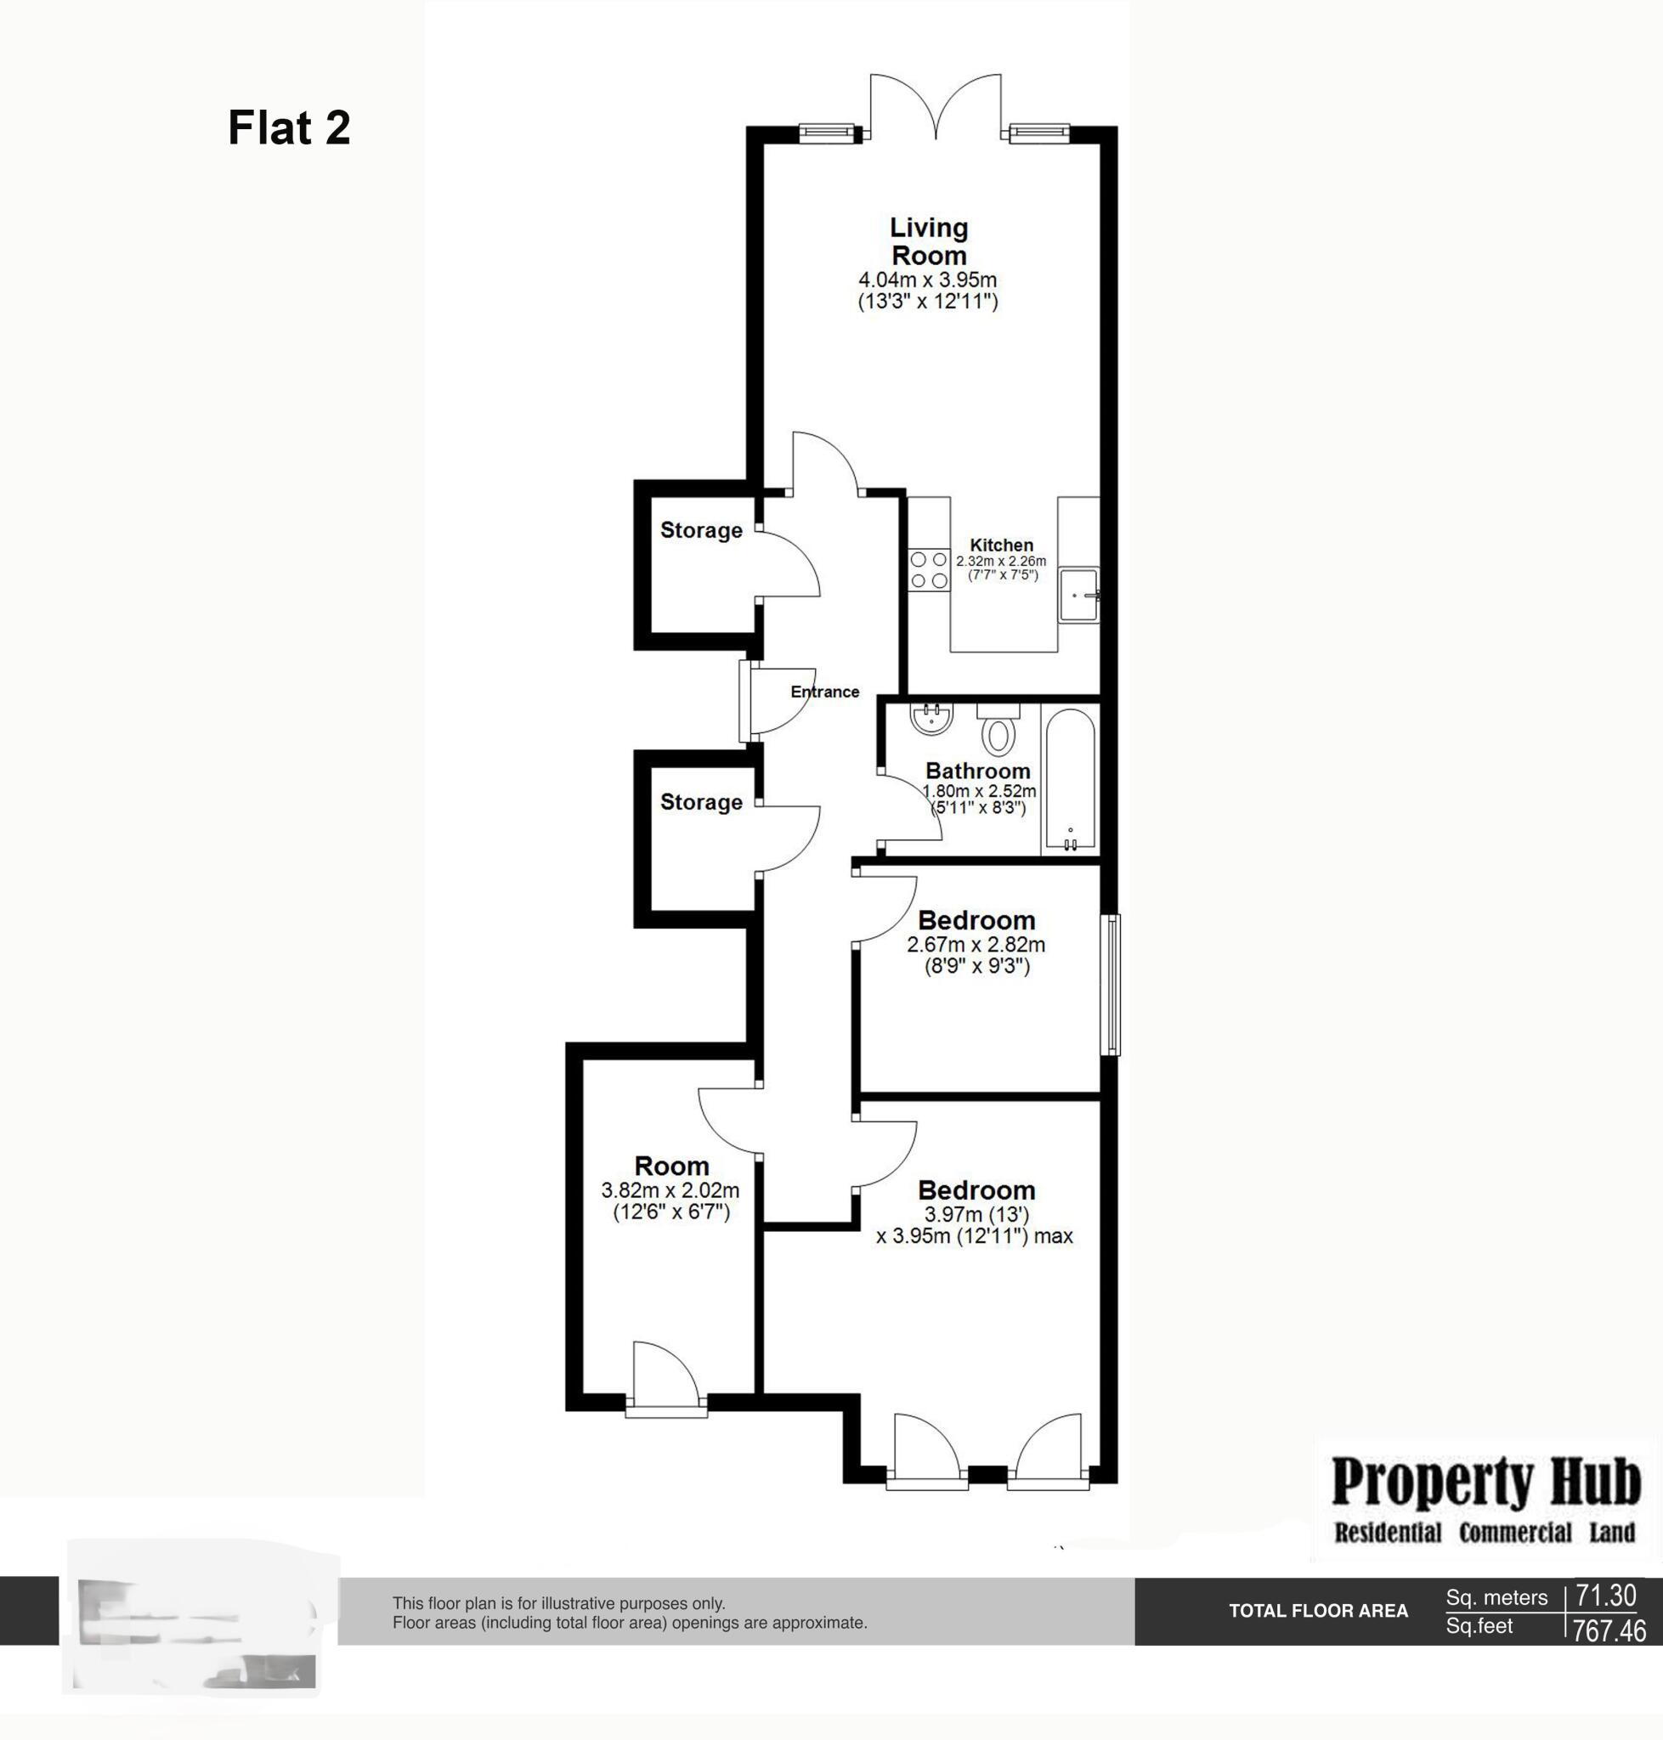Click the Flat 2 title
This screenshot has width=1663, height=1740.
[x=289, y=127]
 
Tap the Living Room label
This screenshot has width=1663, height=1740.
[x=928, y=241]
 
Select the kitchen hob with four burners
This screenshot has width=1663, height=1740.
[x=928, y=570]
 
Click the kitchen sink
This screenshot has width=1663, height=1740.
[x=1078, y=595]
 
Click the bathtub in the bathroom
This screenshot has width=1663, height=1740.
[x=1070, y=780]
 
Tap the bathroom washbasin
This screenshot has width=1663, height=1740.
[x=930, y=717]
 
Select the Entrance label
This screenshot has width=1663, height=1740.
[x=824, y=692]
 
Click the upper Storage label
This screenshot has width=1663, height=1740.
[x=701, y=530]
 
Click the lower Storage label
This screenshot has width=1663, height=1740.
[x=701, y=802]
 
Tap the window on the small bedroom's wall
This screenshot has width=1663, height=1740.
[x=1111, y=985]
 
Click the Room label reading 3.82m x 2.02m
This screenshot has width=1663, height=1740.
[x=671, y=1166]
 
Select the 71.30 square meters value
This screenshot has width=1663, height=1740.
[x=1605, y=1596]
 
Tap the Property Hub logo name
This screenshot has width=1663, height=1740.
[x=1485, y=1483]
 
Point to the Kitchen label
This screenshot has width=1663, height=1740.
[x=1001, y=545]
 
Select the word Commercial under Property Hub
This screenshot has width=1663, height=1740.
[x=1515, y=1533]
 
